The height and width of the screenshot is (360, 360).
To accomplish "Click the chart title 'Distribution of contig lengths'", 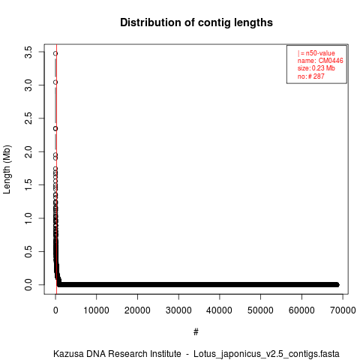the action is pos(196,22).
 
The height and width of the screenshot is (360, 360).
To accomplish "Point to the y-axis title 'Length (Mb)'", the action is pos(7,169).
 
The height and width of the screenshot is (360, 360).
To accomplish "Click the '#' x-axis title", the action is pos(196,332).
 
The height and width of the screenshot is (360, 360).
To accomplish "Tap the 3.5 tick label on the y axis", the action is pos(28,52).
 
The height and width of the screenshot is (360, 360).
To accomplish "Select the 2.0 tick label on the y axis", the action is pos(28,151).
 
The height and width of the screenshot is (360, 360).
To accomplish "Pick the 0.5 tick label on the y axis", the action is pos(28,251).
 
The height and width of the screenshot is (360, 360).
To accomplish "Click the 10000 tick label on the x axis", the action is pos(96,310).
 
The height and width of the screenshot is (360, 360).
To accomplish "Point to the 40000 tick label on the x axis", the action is pos(219,310).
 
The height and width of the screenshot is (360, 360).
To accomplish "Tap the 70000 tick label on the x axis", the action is pos(343,310).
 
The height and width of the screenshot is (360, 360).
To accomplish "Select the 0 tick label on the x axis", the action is pos(55,310).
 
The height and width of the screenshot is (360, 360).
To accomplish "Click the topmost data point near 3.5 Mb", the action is pos(55,53).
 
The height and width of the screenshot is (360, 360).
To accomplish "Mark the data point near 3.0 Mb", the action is pos(55,82).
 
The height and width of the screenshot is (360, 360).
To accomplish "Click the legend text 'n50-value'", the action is pos(320,53).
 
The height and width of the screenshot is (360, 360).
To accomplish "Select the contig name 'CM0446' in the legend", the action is pos(331,61).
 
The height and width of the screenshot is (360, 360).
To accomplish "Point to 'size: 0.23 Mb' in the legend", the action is pos(316,68).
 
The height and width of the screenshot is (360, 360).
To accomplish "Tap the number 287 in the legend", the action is pos(319,76).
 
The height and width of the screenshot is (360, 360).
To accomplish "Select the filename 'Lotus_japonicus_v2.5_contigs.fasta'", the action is pos(266,355).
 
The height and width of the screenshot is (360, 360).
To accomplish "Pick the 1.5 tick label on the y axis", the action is pos(28,185).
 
